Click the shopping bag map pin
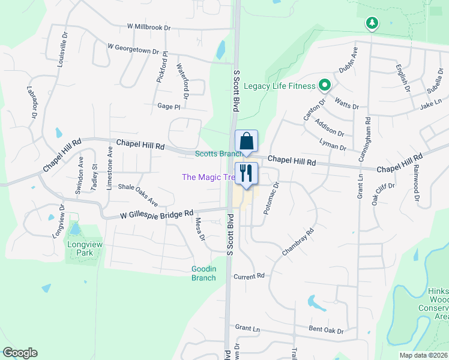click(246, 142)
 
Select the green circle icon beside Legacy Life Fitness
click(325, 86)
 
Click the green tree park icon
click(373, 23)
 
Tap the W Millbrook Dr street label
click(149, 28)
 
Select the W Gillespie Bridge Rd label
click(157, 213)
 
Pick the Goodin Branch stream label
click(203, 273)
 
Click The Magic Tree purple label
click(208, 177)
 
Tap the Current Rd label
click(249, 276)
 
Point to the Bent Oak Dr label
click(326, 330)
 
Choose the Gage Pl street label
click(169, 106)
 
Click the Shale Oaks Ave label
click(137, 194)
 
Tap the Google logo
click(20, 353)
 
